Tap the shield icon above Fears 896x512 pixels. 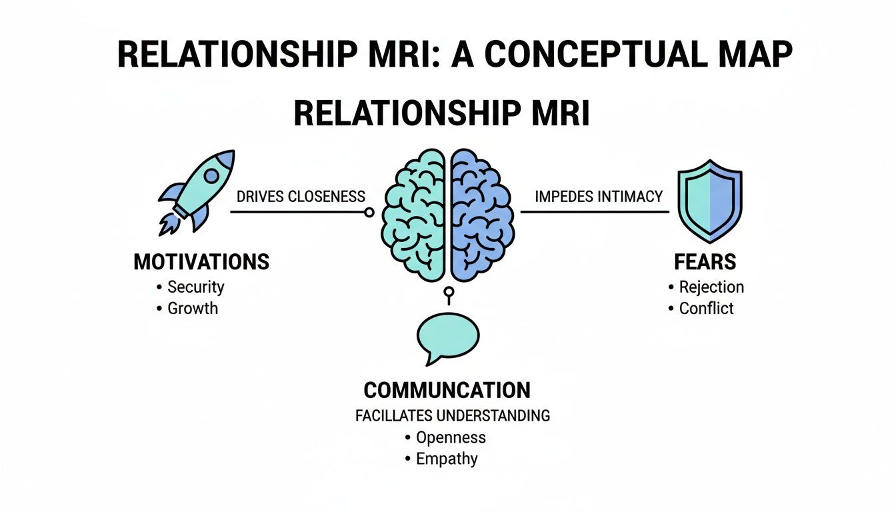[x=709, y=199]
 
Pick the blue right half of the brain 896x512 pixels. [x=482, y=213]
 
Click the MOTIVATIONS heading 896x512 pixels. [x=201, y=262]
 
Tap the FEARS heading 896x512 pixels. [x=705, y=262]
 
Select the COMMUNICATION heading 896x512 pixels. [x=447, y=390]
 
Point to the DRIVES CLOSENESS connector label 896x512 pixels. [x=301, y=197]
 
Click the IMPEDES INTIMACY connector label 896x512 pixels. [x=599, y=197]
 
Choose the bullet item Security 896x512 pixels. [x=195, y=287]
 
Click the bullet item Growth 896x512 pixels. [x=193, y=308]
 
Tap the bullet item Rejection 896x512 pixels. [x=711, y=287]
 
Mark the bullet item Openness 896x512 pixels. [x=451, y=438]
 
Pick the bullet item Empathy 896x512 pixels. [x=447, y=459]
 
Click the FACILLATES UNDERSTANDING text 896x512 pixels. [x=453, y=416]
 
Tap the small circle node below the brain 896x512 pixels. [x=449, y=291]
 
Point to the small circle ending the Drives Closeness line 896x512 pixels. [x=368, y=213]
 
